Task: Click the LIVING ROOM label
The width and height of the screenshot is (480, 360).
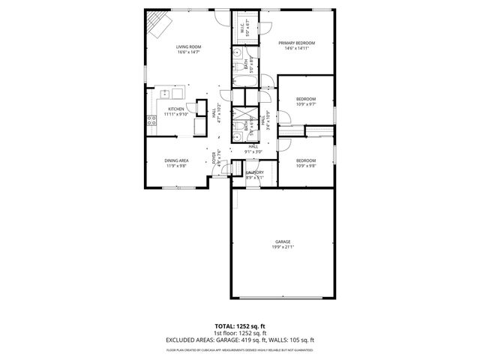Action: pos(189,46)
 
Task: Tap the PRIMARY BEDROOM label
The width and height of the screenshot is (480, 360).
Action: pos(296,43)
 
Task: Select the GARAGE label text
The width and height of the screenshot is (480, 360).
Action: pos(282,241)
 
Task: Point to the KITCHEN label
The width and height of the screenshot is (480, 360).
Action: pos(176,109)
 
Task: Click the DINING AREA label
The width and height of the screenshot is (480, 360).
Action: pos(177,160)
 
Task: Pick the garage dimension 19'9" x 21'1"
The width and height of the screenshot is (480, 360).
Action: pos(282,247)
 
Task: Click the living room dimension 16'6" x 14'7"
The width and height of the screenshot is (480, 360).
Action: pos(189,52)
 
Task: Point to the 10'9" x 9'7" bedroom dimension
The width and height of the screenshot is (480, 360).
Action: pos(305,104)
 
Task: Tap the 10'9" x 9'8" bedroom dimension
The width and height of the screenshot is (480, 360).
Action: pos(305,166)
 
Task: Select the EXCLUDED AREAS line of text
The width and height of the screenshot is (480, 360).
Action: pos(240,340)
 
